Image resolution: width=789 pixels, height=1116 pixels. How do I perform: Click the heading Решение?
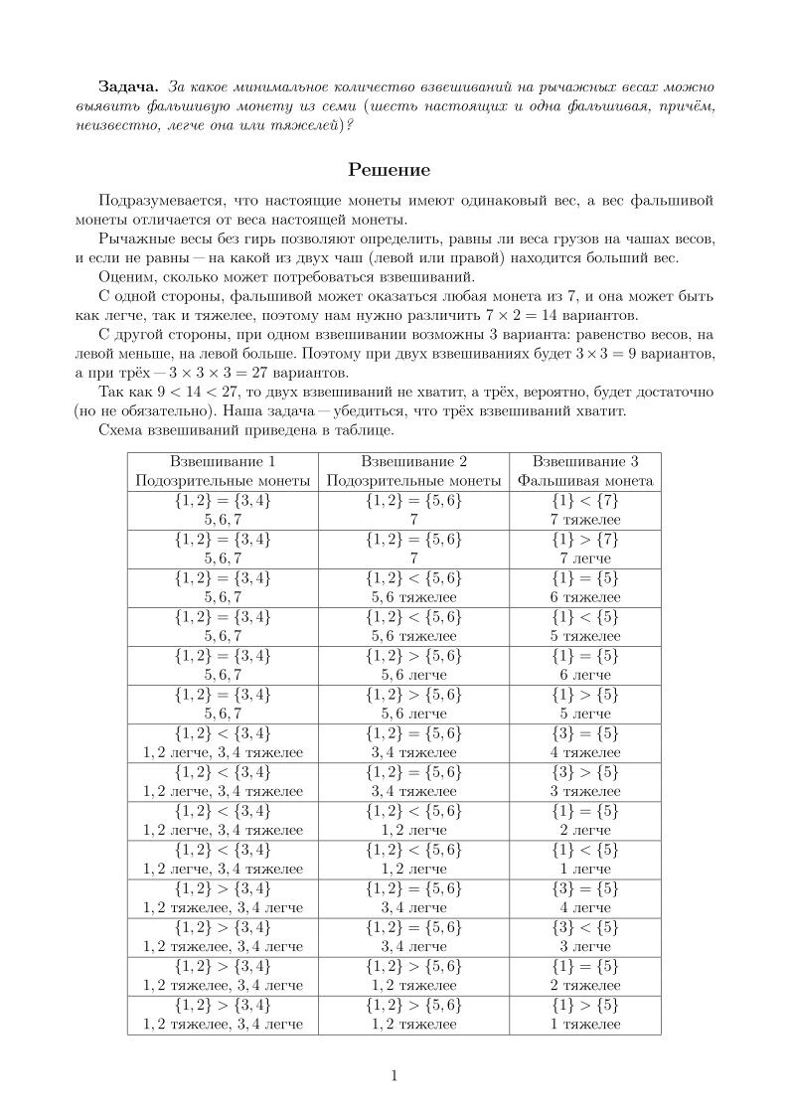coord(394,170)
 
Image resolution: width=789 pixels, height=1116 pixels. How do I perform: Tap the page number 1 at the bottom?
coord(394,1074)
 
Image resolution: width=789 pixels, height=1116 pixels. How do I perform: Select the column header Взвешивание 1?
coord(223,462)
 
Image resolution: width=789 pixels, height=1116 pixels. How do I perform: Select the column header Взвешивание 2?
coord(413,462)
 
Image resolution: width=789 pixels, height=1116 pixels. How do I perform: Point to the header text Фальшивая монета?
coord(585,481)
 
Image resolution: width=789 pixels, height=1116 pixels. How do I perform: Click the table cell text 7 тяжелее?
coord(585,520)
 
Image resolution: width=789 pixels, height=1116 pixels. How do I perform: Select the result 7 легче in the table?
coord(585,558)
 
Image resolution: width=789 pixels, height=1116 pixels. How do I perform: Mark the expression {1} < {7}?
coord(585,501)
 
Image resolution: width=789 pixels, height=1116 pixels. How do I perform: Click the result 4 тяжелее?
coord(585,752)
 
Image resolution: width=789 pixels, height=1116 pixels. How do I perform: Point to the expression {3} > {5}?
coord(585,772)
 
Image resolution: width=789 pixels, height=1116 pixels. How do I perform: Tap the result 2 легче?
coord(585,830)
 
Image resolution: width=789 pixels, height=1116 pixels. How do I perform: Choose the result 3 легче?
coord(585,946)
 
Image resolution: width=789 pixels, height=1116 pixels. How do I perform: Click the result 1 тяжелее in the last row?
coord(585,1024)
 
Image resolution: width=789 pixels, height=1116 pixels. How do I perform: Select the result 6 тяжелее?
coord(585,597)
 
